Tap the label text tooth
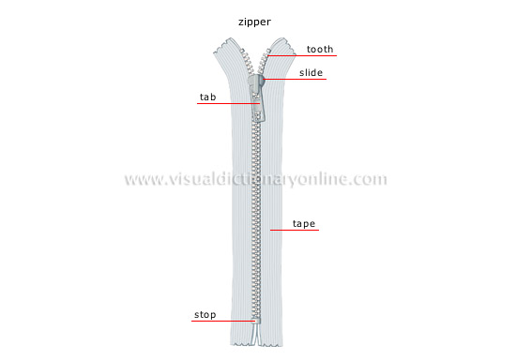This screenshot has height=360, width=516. [319, 50]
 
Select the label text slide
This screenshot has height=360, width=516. [312, 71]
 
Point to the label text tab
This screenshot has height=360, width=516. [207, 96]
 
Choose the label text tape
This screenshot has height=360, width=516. [304, 224]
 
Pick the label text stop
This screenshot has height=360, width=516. [205, 315]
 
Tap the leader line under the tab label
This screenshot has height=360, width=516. [225, 103]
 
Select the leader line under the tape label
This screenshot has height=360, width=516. [293, 232]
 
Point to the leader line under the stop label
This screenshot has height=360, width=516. [221, 322]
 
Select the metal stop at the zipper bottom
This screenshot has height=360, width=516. [256, 322]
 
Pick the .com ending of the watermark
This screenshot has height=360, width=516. [370, 179]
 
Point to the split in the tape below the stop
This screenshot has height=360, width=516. [256, 339]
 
